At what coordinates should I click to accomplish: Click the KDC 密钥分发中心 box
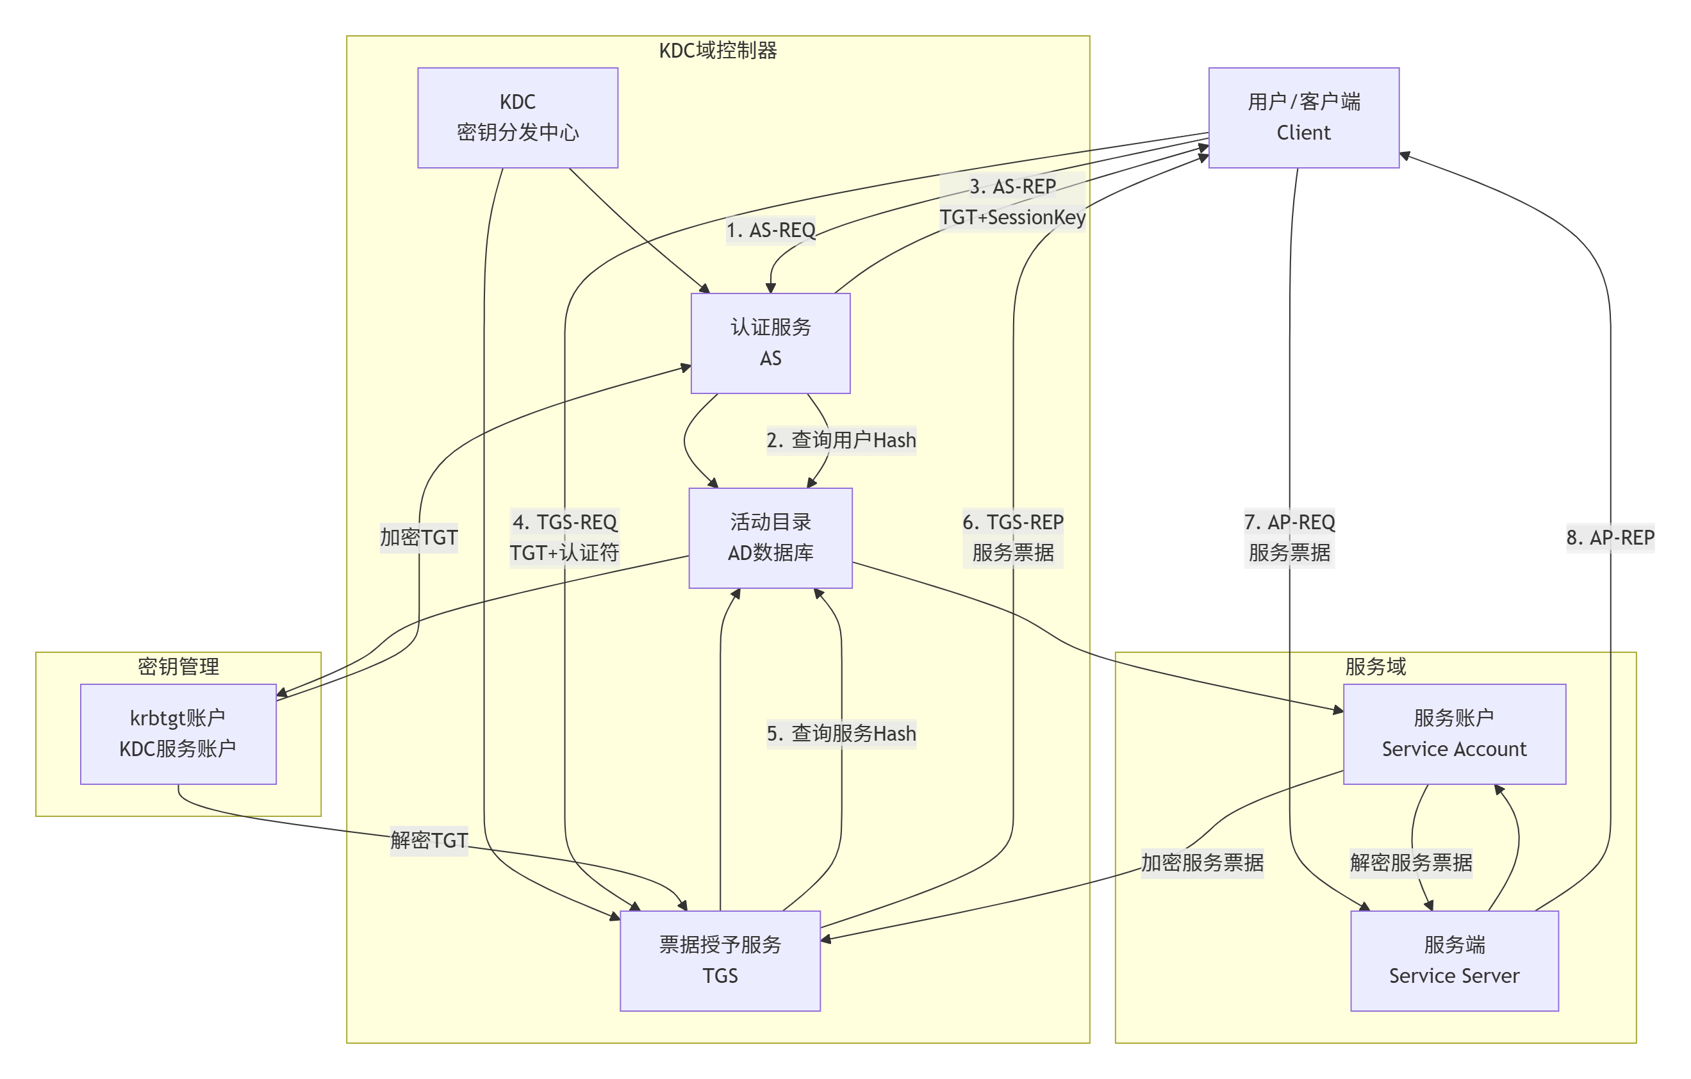[518, 117]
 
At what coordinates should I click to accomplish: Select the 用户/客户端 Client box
[1303, 117]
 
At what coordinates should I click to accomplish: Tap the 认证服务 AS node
[770, 343]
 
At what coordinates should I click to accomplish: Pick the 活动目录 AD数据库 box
[770, 538]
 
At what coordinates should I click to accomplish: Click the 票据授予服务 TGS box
[720, 960]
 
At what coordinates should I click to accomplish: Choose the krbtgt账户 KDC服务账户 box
[177, 734]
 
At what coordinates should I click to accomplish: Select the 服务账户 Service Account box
[1454, 734]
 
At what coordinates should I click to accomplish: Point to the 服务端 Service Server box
[1454, 960]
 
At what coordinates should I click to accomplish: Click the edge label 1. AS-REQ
[770, 229]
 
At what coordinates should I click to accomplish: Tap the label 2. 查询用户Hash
[841, 440]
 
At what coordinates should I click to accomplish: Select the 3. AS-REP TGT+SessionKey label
[1012, 202]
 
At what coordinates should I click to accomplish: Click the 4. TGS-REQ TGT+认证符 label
[564, 538]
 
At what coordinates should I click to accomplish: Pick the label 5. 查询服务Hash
[841, 734]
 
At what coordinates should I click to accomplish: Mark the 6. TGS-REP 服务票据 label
[1012, 538]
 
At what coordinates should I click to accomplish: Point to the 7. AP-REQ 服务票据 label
[1289, 538]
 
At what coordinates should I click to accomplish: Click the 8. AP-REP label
[1610, 538]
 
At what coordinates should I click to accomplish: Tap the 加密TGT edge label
[418, 538]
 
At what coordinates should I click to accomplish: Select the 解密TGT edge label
[429, 840]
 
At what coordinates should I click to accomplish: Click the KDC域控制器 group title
[718, 51]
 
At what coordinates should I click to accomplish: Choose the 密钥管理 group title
[177, 666]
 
